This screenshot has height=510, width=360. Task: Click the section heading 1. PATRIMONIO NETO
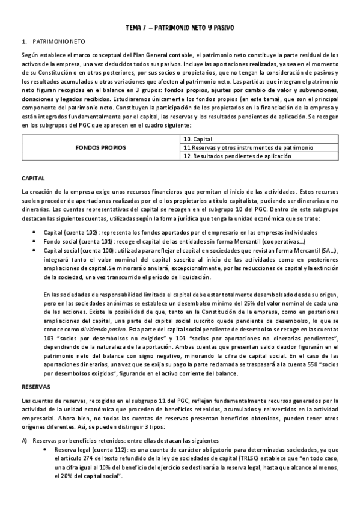pyautogui.click(x=55, y=42)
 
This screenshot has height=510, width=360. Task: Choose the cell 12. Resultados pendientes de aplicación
pyautogui.click(x=236, y=156)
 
